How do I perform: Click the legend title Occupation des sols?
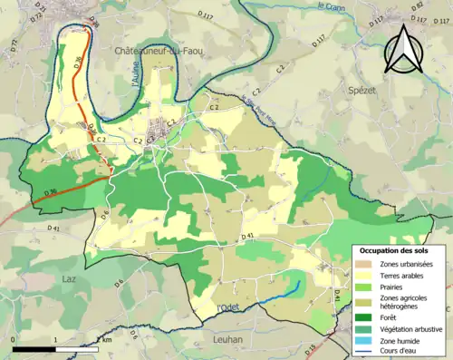397,249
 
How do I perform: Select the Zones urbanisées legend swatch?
368,264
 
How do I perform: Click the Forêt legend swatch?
368,316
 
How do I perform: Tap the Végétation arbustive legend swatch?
368,329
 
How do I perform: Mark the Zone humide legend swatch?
368,341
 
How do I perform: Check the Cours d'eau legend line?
368,353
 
